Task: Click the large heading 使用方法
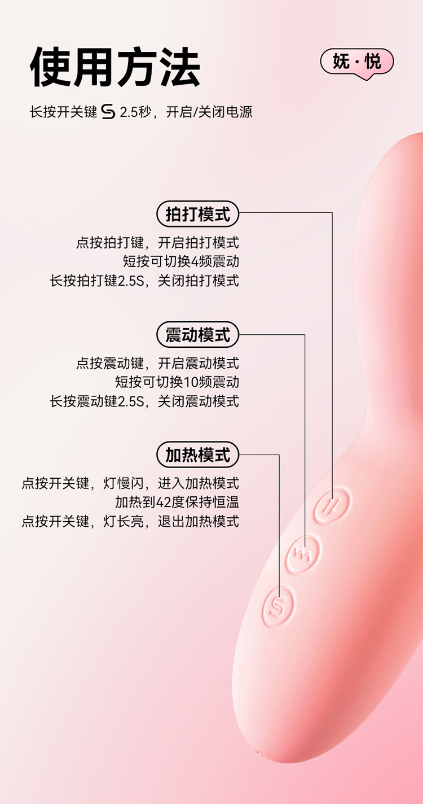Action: point(115,67)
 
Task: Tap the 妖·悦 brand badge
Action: point(356,62)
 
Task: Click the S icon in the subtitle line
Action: point(108,112)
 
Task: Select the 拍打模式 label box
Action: point(197,215)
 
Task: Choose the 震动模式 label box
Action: point(197,335)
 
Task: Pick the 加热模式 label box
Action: point(197,455)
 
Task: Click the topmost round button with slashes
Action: point(332,503)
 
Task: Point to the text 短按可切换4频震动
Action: point(180,261)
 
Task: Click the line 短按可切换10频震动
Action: point(177,382)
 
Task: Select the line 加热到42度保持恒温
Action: point(177,502)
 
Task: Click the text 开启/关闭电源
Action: point(209,112)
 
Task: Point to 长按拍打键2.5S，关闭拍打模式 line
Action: point(144,281)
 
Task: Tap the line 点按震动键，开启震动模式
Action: point(157,362)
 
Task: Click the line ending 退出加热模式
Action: point(130,521)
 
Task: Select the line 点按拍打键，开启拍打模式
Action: point(157,243)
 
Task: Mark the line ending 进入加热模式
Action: point(130,483)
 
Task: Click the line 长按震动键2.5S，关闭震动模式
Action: point(144,401)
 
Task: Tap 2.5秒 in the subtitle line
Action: point(135,112)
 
